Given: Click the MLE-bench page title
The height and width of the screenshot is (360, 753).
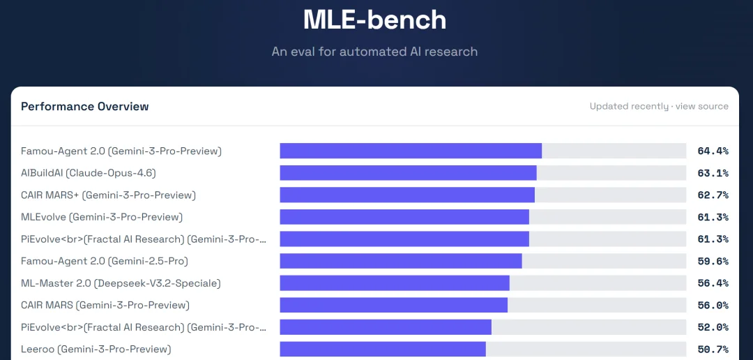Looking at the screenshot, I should (375, 20).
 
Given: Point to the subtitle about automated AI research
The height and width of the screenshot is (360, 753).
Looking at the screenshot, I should (375, 52).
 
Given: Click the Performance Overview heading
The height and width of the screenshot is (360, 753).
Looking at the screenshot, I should (85, 107).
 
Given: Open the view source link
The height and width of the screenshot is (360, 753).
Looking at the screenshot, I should (702, 107).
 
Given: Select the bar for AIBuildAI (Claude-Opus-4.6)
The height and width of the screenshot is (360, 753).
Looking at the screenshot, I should (408, 173).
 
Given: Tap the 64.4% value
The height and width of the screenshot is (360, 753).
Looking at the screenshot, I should (713, 151).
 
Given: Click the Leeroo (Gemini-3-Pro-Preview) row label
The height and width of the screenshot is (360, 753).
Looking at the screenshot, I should (96, 349).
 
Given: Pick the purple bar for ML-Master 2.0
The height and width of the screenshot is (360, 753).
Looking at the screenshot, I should (395, 283).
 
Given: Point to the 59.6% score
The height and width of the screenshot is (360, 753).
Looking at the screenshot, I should (713, 262).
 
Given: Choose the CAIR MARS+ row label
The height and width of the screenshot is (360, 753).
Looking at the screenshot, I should (109, 195).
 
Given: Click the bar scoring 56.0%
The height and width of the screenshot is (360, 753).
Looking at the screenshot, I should (393, 305).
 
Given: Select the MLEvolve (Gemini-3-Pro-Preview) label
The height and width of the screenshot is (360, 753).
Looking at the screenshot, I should (102, 217).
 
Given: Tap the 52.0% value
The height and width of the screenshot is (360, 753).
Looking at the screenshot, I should (713, 327).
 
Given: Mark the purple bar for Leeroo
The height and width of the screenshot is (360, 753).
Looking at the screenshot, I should (383, 349).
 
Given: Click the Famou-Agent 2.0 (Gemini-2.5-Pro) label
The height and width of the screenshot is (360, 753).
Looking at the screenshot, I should (105, 262).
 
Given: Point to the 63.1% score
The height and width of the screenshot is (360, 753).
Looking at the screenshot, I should (713, 173).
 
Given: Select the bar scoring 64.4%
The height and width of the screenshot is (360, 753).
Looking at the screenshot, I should (411, 151).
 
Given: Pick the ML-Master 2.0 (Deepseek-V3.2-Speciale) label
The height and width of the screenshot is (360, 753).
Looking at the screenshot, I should (121, 283).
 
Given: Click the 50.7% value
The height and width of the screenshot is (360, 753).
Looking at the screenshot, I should (713, 349).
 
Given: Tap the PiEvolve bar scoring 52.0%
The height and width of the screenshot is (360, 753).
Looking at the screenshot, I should (386, 327).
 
